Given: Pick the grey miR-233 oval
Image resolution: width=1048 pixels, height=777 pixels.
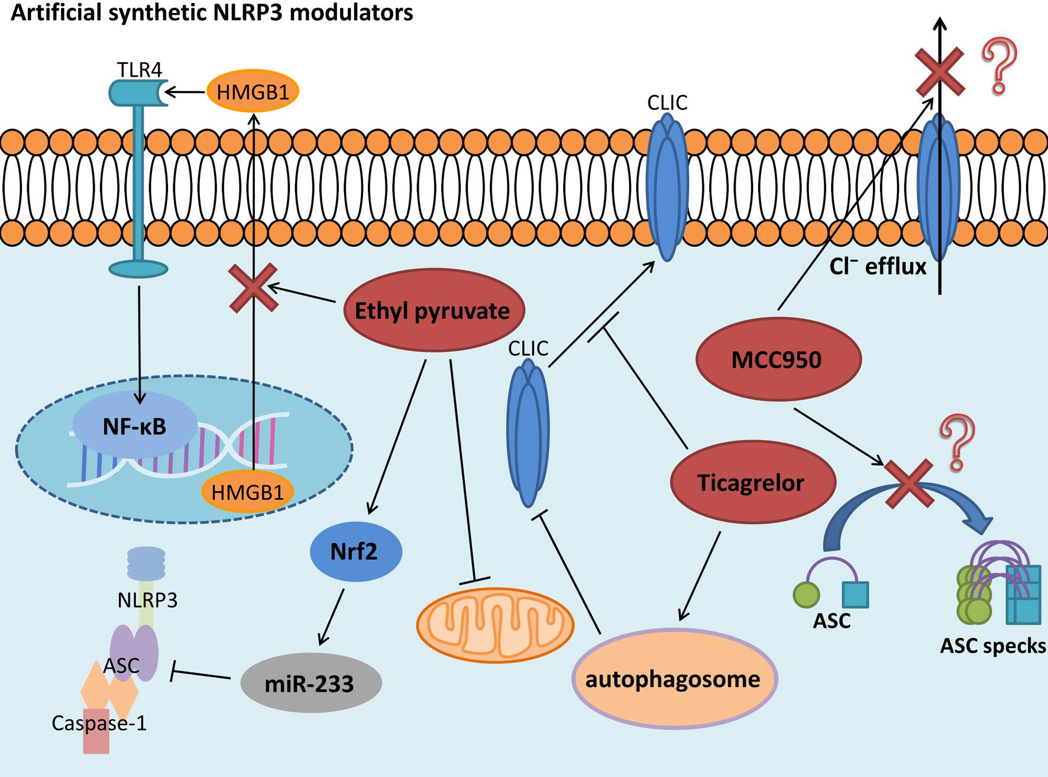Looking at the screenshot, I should pyautogui.click(x=311, y=683).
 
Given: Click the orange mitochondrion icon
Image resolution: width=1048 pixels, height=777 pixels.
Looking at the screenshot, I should pyautogui.click(x=495, y=625).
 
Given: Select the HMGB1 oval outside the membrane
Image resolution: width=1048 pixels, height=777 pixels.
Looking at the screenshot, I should pyautogui.click(x=253, y=92).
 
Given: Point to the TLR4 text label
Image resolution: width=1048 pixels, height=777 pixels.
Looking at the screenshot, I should pyautogui.click(x=138, y=69).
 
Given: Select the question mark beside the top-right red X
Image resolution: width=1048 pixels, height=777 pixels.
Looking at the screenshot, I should pyautogui.click(x=1000, y=66).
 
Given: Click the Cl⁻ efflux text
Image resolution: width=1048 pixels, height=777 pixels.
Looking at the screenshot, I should pyautogui.click(x=878, y=267).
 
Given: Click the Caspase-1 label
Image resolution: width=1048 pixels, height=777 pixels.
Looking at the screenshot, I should pyautogui.click(x=99, y=723).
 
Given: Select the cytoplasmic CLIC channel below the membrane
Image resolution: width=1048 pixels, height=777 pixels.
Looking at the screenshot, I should pyautogui.click(x=528, y=435).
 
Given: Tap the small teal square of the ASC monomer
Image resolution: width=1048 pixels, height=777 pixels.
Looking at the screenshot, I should pyautogui.click(x=855, y=595).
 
